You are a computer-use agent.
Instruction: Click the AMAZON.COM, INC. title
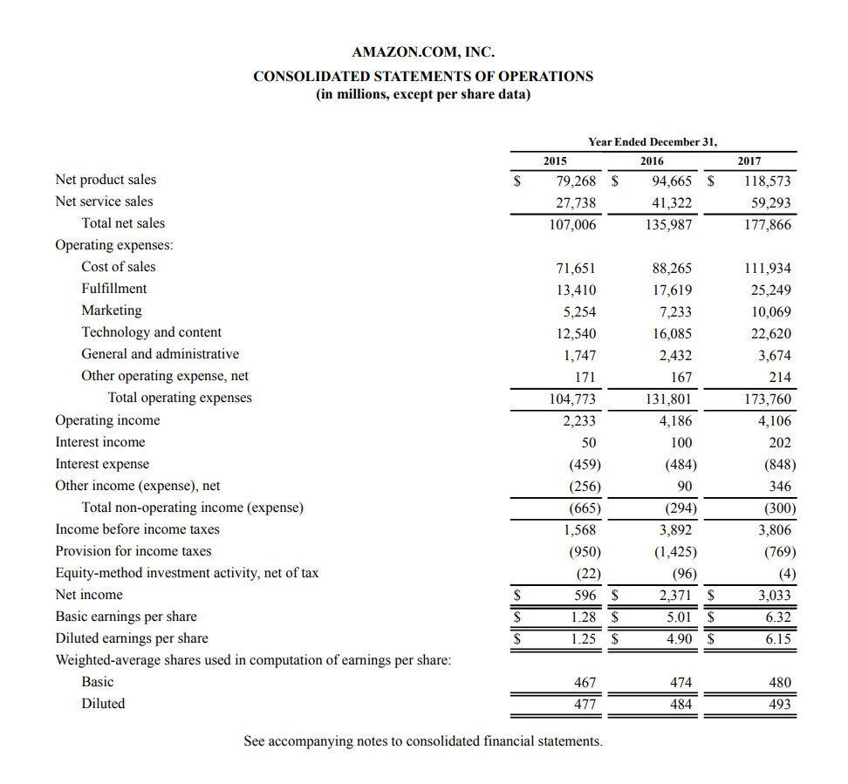click(x=423, y=52)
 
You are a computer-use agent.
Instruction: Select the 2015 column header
click(x=555, y=160)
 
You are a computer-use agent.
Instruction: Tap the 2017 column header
click(x=749, y=160)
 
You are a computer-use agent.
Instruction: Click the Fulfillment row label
click(x=114, y=289)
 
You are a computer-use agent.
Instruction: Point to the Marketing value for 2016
click(x=673, y=311)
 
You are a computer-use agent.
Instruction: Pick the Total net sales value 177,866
click(x=767, y=224)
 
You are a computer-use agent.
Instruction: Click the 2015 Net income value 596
click(x=585, y=596)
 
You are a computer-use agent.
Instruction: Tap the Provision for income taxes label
click(x=133, y=551)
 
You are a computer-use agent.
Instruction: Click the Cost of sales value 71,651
click(x=576, y=268)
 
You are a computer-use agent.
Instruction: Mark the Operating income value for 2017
click(x=773, y=421)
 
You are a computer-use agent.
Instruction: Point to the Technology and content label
click(x=152, y=332)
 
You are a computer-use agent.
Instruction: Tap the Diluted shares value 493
click(x=779, y=705)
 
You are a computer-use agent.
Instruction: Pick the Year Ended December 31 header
click(x=652, y=141)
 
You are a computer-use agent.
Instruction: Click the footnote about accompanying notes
click(x=423, y=741)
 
